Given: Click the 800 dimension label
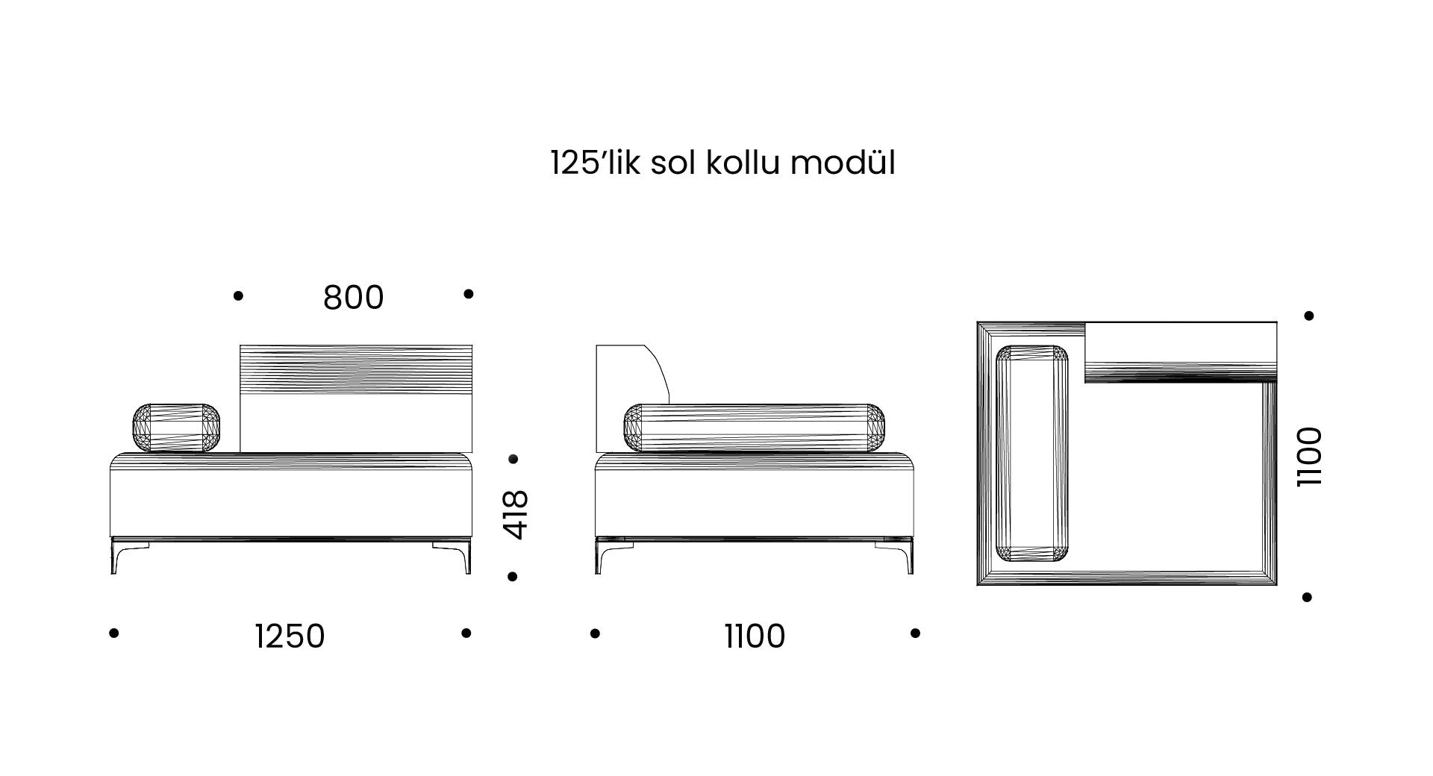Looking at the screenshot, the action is pyautogui.click(x=353, y=297).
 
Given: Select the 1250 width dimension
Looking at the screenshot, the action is pyautogui.click(x=290, y=636).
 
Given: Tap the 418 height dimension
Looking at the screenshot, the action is pyautogui.click(x=516, y=514).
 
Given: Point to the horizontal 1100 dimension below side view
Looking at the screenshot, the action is pyautogui.click(x=755, y=636).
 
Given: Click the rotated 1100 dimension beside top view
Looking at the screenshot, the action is pyautogui.click(x=1309, y=457).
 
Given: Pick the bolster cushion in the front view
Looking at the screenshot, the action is pyautogui.click(x=177, y=428).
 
